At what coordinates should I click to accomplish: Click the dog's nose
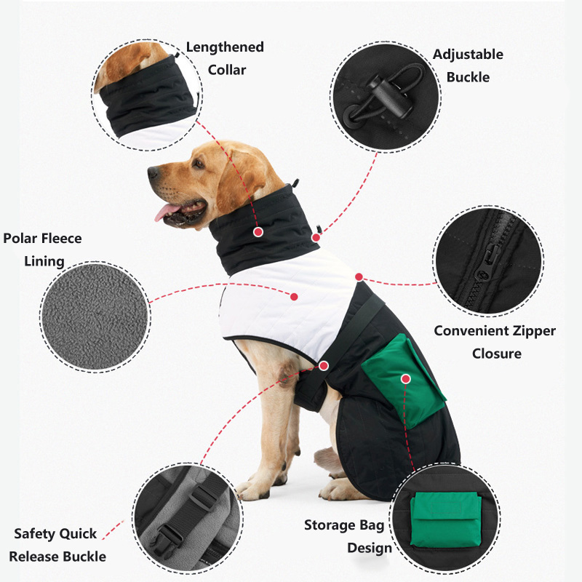click(x=153, y=173)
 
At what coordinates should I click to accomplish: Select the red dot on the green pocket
click(x=405, y=378)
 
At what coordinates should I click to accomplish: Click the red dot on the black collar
click(x=258, y=232)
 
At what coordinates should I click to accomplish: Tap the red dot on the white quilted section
click(x=294, y=296)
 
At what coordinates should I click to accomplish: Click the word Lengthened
click(x=225, y=47)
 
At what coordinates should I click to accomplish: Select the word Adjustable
click(x=468, y=55)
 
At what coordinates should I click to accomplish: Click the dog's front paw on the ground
click(x=254, y=490)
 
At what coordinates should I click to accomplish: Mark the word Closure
click(x=497, y=354)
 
